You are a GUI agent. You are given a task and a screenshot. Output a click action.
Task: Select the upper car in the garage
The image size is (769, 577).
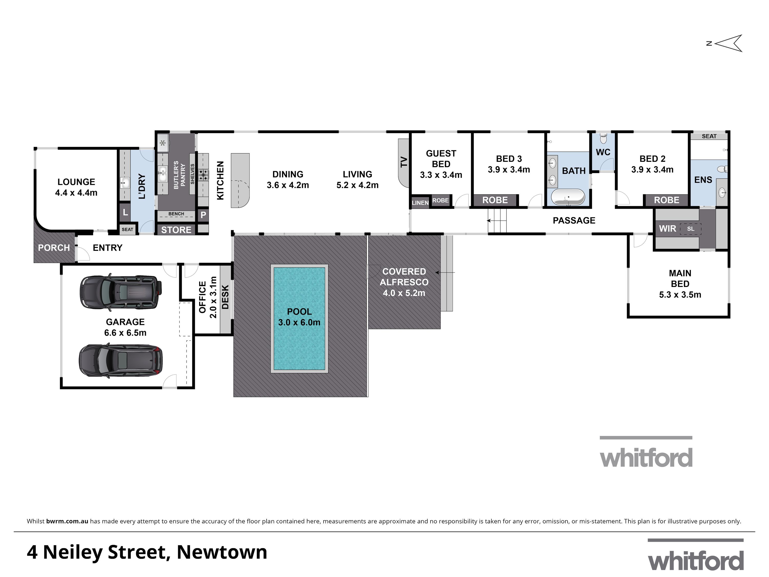coord(121,292)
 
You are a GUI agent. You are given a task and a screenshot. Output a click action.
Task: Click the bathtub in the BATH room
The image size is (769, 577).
coord(568,196)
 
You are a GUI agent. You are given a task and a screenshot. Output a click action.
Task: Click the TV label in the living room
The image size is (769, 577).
coord(404,162)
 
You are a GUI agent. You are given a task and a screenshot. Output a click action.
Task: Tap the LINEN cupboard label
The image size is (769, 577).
coord(420,203)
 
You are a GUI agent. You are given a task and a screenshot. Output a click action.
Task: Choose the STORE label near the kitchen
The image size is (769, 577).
coord(176,230)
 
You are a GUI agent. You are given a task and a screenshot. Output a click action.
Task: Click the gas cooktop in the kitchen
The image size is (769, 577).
coord(203,175)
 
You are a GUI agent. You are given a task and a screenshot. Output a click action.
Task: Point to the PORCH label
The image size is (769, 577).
coord(54,248)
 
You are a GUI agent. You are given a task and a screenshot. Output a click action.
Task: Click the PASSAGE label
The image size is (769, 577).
coord(574,221)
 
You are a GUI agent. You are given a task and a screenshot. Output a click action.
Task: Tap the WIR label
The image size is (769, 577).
coord(667,229)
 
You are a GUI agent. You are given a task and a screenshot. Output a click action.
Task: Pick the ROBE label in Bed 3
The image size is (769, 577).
coord(495,200)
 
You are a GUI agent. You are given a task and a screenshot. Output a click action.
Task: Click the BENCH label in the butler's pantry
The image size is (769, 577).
coord(176,214)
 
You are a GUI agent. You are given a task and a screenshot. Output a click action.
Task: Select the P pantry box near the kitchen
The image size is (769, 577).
coord(203,215)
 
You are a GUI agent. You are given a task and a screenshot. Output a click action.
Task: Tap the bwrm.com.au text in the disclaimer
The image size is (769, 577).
coord(67,521)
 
